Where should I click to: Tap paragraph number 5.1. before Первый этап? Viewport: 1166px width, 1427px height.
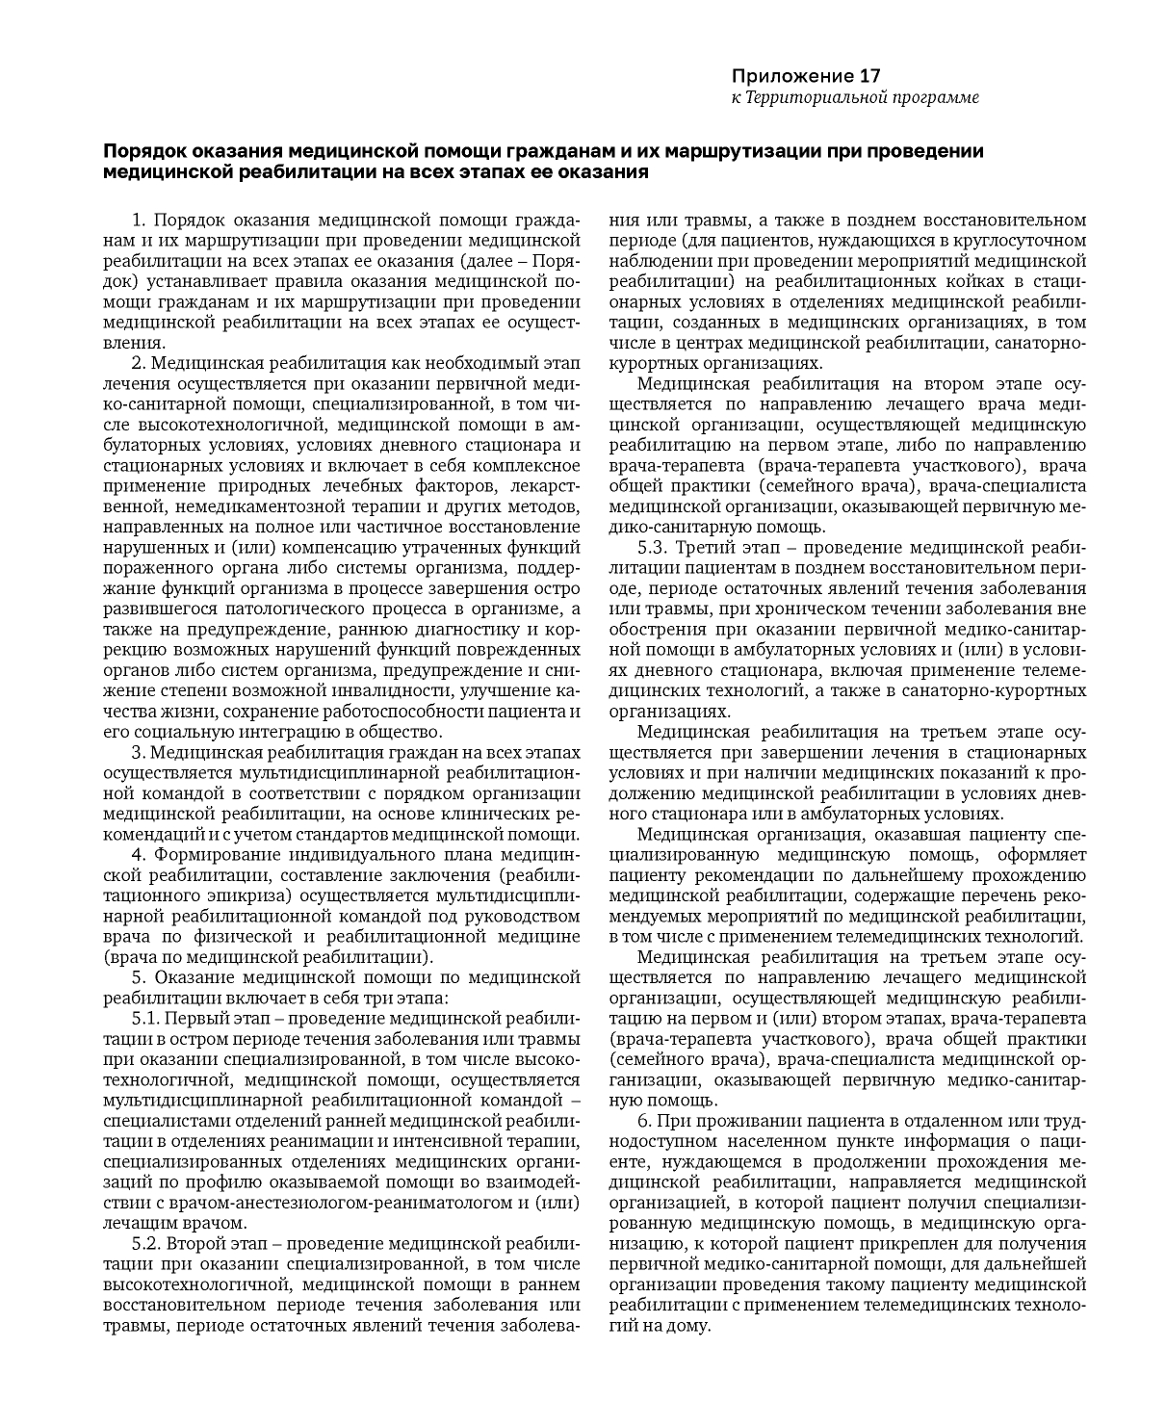click(144, 1018)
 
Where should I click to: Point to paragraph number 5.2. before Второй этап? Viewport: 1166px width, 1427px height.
click(144, 1243)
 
